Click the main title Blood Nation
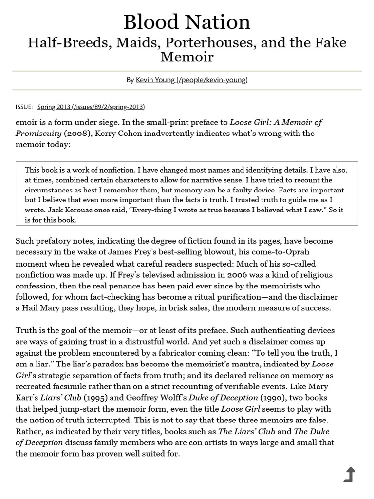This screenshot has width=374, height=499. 187,22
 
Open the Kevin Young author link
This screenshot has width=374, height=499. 191,80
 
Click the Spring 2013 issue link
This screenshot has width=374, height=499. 91,107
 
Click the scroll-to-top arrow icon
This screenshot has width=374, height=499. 350,474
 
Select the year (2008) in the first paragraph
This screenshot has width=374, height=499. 76,133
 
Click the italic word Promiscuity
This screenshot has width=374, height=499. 38,133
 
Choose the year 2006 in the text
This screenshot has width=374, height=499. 235,274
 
